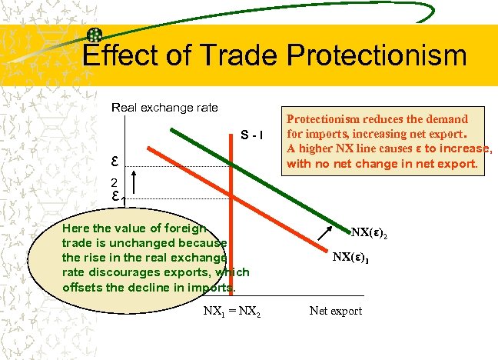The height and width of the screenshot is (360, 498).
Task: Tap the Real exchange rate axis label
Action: pyautogui.click(x=165, y=108)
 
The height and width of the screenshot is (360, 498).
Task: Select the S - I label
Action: pyautogui.click(x=252, y=137)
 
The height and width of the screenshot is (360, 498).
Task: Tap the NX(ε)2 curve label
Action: pyautogui.click(x=374, y=232)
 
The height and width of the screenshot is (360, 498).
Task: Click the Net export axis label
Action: pyautogui.click(x=335, y=311)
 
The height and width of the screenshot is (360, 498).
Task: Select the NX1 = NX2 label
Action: pyautogui.click(x=231, y=312)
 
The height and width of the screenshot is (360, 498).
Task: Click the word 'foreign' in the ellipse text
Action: pyautogui.click(x=185, y=229)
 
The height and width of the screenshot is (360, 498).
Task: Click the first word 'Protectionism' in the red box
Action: pyautogui.click(x=325, y=120)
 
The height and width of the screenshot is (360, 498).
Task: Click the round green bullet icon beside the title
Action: pyautogui.click(x=95, y=35)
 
